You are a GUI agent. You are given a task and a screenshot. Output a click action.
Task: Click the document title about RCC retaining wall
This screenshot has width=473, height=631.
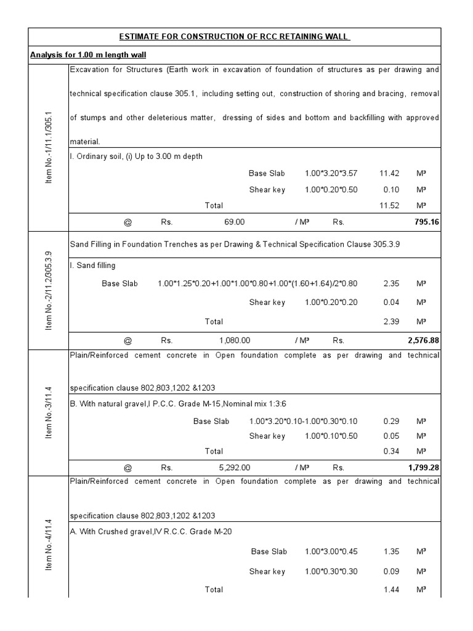tap(234, 36)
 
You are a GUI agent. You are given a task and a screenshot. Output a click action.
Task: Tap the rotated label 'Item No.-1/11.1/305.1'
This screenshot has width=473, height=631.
tap(49, 147)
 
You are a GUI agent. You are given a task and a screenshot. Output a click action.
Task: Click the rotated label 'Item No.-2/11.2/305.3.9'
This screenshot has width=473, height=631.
tap(49, 290)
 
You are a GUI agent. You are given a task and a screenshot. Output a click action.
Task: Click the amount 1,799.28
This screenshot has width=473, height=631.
tap(423, 468)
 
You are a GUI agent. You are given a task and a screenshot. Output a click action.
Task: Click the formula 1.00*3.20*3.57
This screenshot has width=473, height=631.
tap(331, 173)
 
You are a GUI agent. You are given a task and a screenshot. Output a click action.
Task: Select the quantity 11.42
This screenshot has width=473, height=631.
tap(390, 173)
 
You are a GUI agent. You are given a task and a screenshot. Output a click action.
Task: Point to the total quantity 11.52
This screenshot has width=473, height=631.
tap(390, 205)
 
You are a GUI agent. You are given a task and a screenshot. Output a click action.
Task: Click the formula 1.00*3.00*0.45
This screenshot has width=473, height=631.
tap(331, 552)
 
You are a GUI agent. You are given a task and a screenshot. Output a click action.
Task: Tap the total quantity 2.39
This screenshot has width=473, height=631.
tap(390, 321)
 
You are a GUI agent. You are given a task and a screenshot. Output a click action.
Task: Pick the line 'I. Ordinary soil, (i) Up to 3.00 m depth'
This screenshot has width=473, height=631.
tap(136, 157)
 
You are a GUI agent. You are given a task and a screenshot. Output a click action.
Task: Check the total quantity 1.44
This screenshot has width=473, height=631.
tap(390, 590)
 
